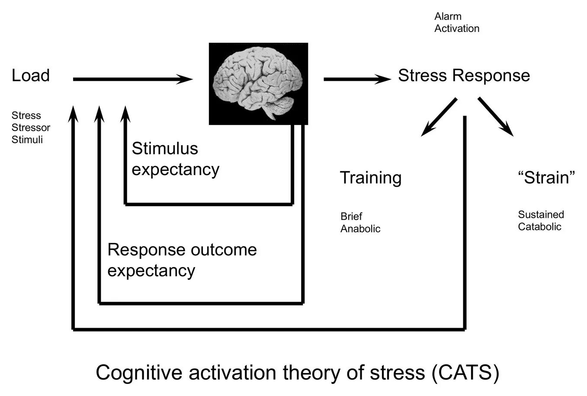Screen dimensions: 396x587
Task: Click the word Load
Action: coord(30,76)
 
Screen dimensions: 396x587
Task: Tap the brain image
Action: coord(258,83)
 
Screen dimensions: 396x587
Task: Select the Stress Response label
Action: coord(464,76)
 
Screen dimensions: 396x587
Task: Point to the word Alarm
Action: coord(448,16)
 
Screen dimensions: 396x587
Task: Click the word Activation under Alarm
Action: coord(457,29)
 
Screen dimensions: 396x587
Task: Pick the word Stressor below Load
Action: coord(31,128)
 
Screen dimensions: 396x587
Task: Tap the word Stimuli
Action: coord(27,140)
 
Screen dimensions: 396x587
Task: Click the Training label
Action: coord(371,178)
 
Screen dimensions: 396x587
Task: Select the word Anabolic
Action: coord(360,229)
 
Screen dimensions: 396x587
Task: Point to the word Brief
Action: coord(351,216)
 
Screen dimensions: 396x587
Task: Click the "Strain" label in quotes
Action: coord(546,178)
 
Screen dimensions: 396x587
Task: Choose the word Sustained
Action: coord(541,214)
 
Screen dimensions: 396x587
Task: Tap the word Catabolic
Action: coord(539,227)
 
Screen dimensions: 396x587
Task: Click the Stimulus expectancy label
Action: coord(175,159)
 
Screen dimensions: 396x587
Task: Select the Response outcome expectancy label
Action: coord(182,260)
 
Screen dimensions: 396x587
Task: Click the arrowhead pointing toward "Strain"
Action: coord(508,130)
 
